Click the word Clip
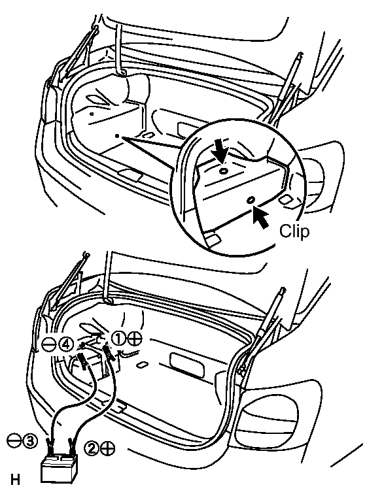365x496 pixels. (x=294, y=231)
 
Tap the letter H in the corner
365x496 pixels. (x=15, y=480)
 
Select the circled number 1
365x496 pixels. (x=119, y=339)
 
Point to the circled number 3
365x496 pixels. (x=30, y=440)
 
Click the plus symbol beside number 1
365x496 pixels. (x=135, y=339)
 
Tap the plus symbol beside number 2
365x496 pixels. (x=108, y=448)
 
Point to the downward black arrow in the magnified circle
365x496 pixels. (x=220, y=152)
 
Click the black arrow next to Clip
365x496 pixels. (x=260, y=218)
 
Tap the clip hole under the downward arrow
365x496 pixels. (x=224, y=171)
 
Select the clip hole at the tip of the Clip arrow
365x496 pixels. (x=250, y=200)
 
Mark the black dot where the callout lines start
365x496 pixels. (x=117, y=136)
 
